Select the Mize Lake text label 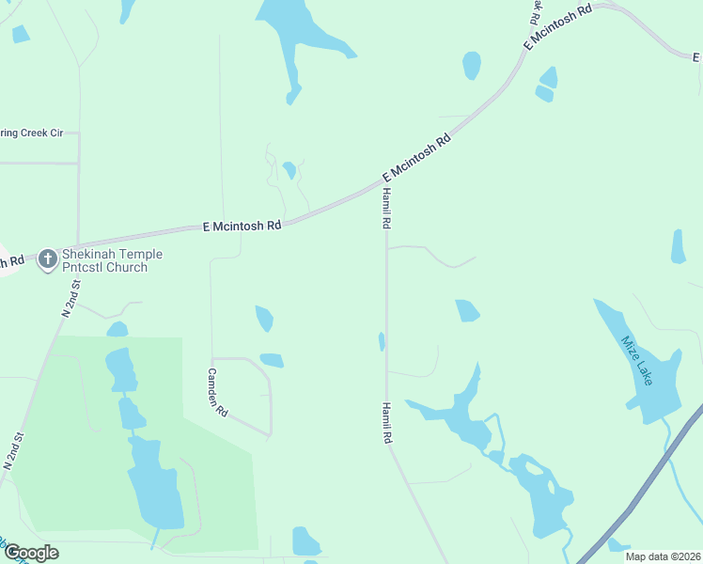(x=636, y=359)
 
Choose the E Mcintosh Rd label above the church (x=242, y=226)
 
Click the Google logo (x=30, y=553)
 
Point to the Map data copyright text (x=664, y=556)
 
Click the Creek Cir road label (x=30, y=133)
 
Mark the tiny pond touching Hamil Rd (x=382, y=341)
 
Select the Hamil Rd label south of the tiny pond (x=385, y=423)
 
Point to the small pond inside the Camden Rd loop (x=272, y=360)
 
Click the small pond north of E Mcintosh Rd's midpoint (x=289, y=170)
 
